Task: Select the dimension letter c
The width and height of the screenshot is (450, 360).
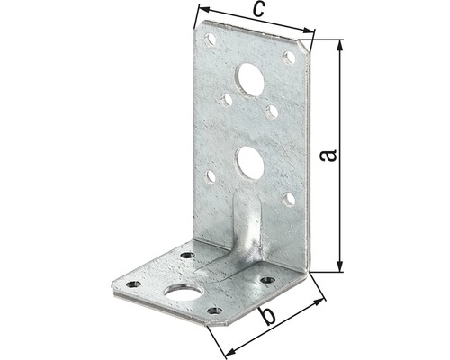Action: click(256, 11)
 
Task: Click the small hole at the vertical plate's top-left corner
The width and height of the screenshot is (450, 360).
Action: click(211, 40)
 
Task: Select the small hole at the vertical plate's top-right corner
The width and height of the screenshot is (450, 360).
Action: click(288, 57)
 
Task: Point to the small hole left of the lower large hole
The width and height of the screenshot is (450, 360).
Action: click(210, 176)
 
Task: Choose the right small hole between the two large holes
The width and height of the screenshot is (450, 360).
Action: click(272, 112)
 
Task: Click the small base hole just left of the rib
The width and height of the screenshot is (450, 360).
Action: click(187, 256)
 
